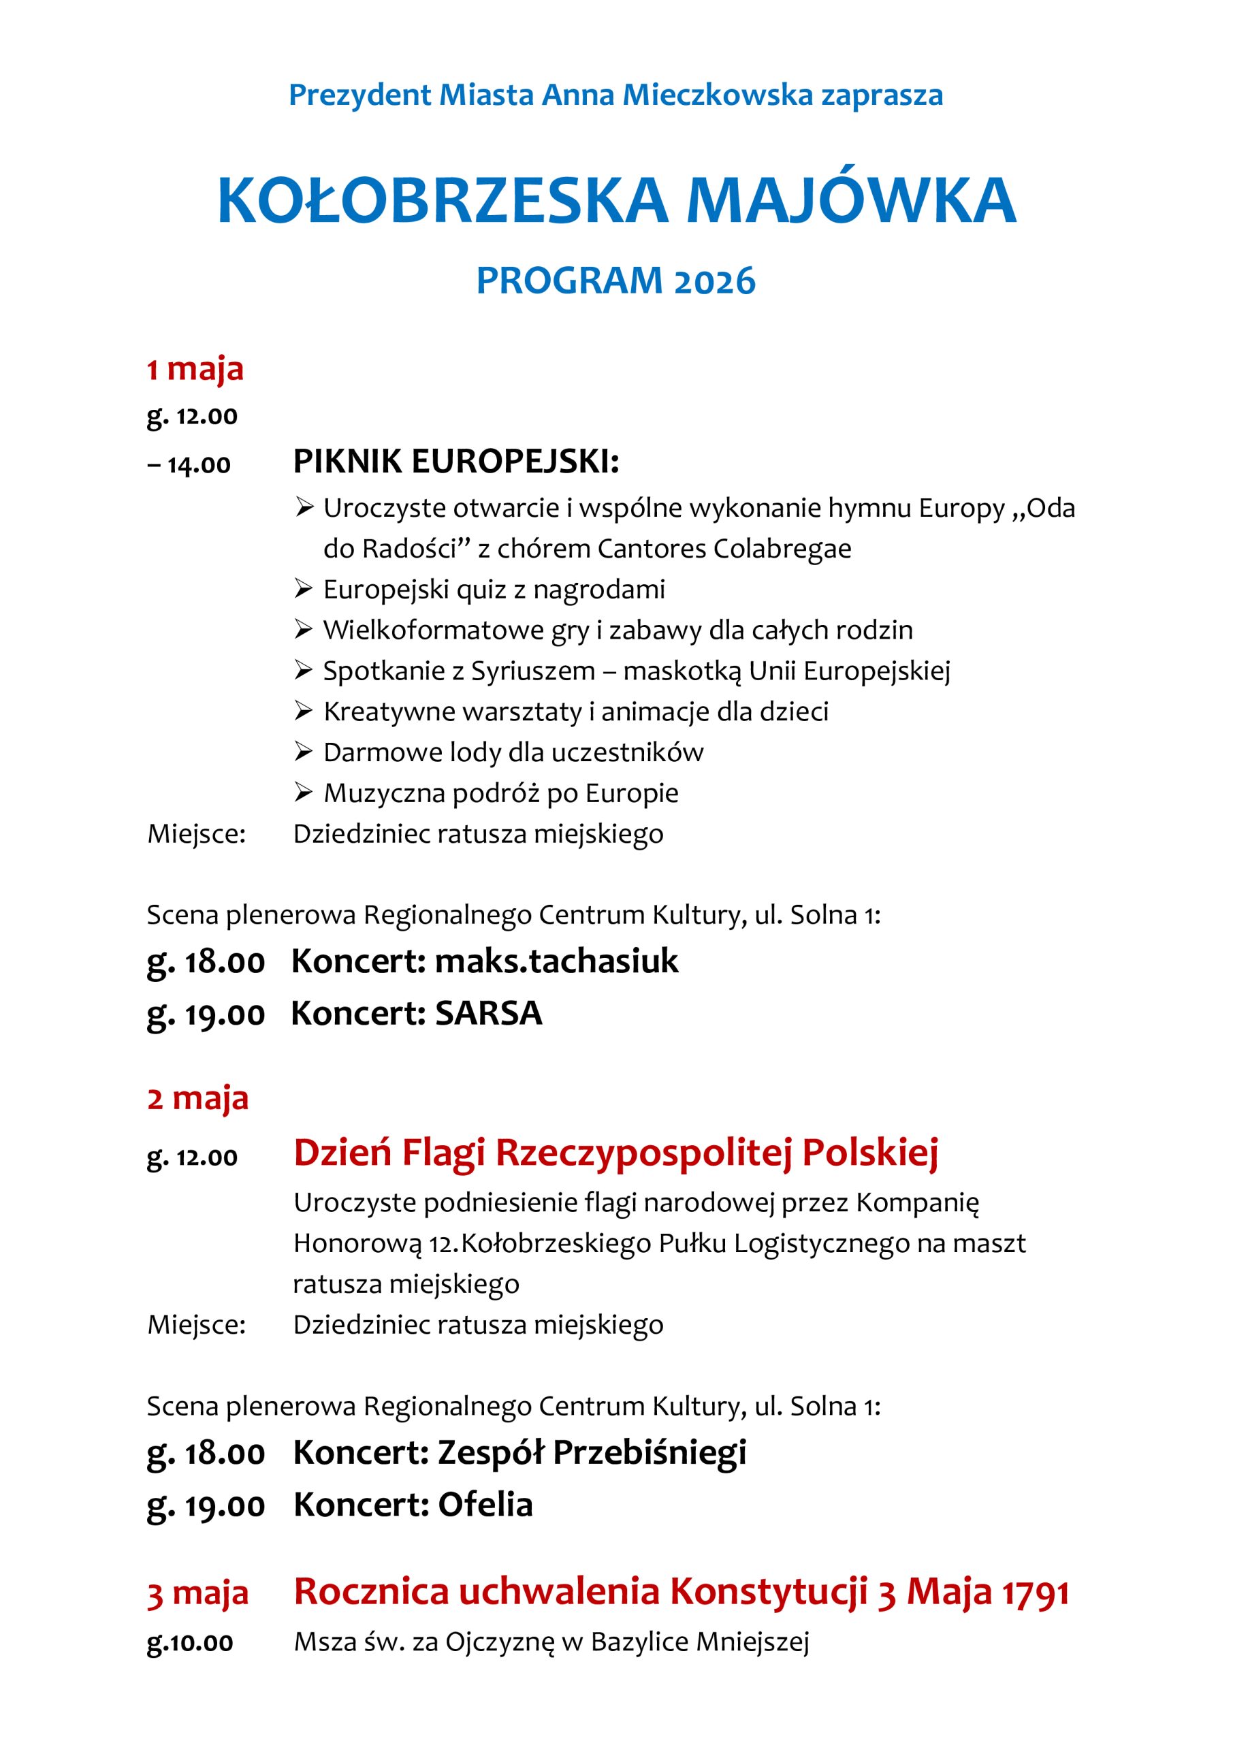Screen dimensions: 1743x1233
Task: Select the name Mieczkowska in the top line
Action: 717,95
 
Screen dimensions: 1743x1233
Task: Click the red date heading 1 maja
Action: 195,369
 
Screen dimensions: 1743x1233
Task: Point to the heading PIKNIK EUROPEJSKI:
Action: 455,462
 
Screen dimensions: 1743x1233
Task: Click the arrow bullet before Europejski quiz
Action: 304,589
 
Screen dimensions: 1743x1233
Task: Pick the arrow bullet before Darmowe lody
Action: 304,752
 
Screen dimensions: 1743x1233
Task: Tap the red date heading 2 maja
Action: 197,1098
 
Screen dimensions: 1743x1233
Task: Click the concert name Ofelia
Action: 485,1505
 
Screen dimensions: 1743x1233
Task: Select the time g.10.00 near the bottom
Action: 190,1643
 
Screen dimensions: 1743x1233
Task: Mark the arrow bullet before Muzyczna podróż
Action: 304,793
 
